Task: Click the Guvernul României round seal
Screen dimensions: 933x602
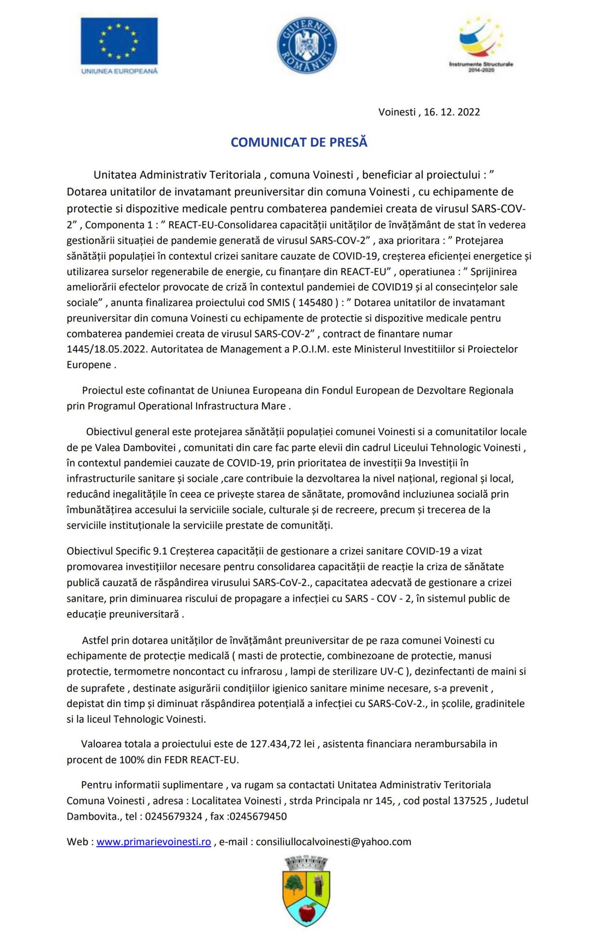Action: [x=307, y=45]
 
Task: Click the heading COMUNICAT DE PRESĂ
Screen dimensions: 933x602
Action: [x=299, y=143]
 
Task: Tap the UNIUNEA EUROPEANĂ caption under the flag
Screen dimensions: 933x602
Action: [x=119, y=71]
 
